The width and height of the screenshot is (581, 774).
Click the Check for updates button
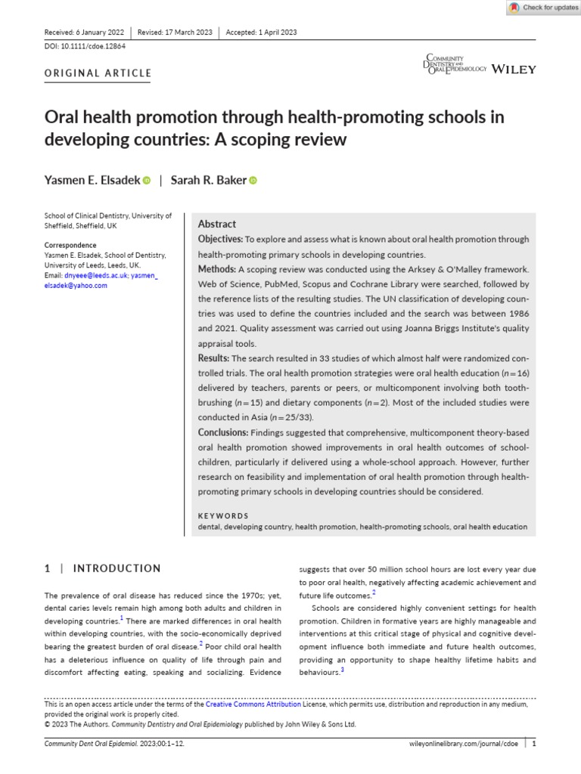point(542,8)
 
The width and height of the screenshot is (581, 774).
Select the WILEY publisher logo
point(514,70)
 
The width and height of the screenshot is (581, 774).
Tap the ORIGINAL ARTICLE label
point(98,73)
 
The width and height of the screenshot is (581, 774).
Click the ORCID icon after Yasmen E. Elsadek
point(146,180)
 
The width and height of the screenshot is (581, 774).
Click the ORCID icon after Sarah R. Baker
point(253,180)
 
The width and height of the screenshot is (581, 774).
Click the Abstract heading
point(216,224)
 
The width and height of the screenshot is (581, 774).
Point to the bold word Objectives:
point(220,240)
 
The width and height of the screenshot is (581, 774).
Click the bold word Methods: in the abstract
point(217,269)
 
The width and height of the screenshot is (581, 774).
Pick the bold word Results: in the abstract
point(214,358)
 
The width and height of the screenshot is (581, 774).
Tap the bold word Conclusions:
point(223,432)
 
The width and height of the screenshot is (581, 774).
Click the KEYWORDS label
point(223,515)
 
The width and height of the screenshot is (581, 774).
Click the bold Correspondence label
point(70,246)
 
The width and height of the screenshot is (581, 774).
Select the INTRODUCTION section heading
point(117,568)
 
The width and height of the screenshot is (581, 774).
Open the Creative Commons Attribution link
point(253,704)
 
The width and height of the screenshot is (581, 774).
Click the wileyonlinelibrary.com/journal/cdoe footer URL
point(462,744)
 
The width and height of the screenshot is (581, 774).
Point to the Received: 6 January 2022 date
point(85,32)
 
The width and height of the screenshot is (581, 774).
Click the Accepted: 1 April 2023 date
point(261,32)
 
